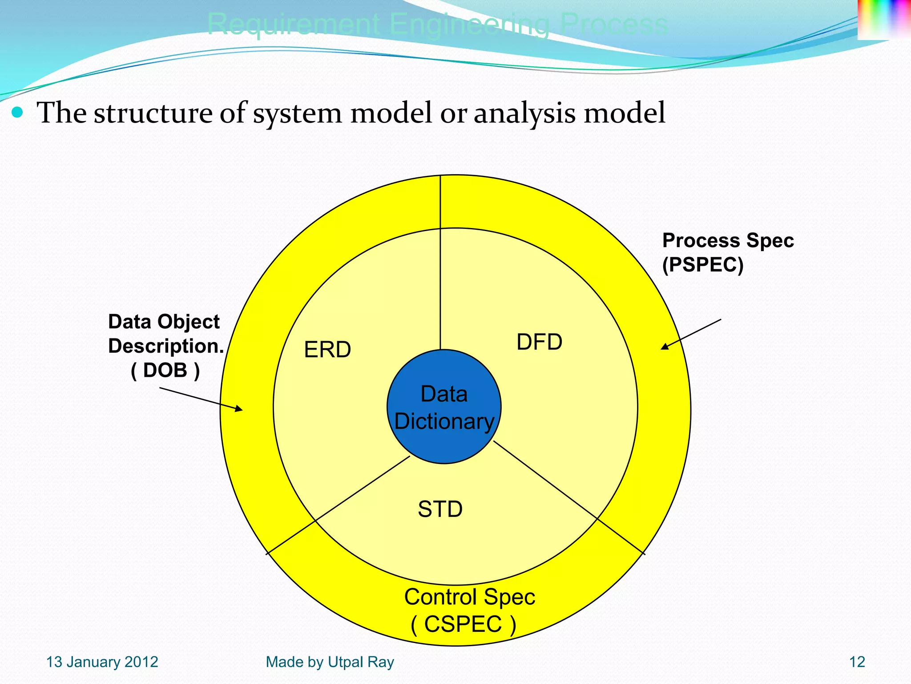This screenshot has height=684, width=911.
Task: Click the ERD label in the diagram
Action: [x=327, y=350]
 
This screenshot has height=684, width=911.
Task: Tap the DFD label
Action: [x=539, y=342]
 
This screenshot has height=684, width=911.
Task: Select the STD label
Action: [x=440, y=509]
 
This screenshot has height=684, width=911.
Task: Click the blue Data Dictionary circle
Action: [x=444, y=445]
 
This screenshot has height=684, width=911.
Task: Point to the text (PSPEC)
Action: [x=702, y=265]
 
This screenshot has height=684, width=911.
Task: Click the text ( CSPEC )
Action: [x=463, y=624]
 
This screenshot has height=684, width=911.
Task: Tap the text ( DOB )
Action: [x=165, y=370]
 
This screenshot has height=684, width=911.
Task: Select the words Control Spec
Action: [x=469, y=597]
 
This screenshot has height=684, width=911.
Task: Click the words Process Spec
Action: [x=728, y=240]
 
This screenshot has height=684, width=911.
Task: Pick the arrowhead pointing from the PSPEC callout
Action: [x=664, y=347]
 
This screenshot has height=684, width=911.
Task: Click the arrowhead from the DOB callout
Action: [x=239, y=408]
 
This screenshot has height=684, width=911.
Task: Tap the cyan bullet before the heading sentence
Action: [x=17, y=112]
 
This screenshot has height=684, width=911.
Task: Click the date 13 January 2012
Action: [x=102, y=662]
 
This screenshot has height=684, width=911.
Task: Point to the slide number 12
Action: [x=857, y=662]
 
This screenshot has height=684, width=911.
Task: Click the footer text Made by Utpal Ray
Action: [x=330, y=662]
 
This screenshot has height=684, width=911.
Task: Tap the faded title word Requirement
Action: [x=294, y=24]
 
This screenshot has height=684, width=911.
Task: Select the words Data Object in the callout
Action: [x=164, y=322]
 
